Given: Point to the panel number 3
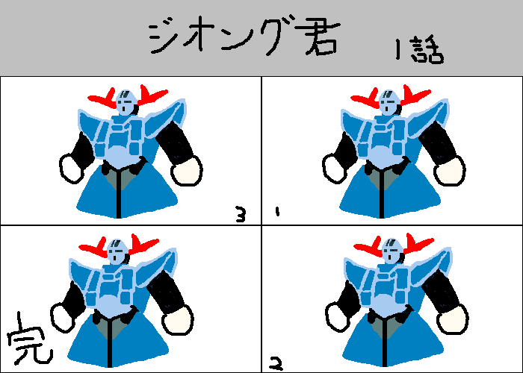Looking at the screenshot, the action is click(241, 214).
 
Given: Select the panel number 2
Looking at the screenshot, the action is click(276, 364).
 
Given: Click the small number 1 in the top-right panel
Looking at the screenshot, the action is click(277, 212).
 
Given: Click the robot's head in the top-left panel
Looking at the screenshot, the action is click(126, 102).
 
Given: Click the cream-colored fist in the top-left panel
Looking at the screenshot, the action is click(187, 171).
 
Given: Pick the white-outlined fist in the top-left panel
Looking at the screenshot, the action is click(72, 169).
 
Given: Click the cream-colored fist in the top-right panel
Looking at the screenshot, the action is click(450, 171).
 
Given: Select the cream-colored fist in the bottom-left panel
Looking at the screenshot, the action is click(178, 320).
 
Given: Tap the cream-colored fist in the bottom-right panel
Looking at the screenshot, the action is click(453, 320).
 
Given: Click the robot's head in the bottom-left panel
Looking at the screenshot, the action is click(117, 251).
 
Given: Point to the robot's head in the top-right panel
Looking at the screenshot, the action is click(389, 102).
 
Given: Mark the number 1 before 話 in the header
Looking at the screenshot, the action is click(397, 49).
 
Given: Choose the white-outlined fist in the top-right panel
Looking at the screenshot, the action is click(334, 169).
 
